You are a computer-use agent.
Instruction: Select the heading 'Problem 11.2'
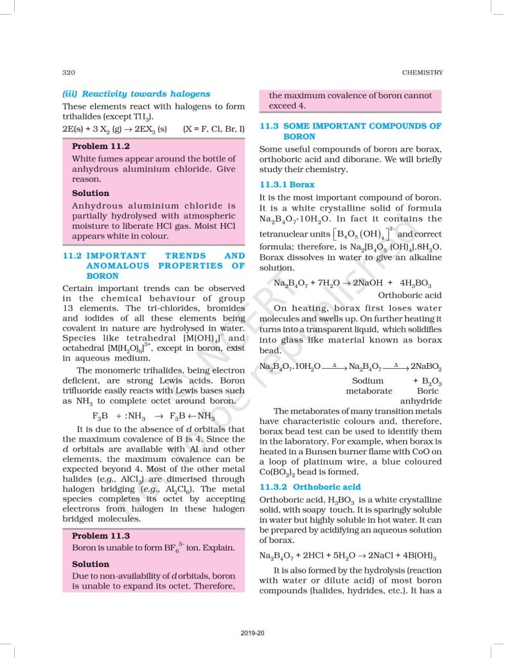[101, 146]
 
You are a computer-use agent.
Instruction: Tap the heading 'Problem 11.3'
[101, 535]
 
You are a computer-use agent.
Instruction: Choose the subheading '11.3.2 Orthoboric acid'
[310, 487]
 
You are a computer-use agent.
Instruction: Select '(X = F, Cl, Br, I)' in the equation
[214, 129]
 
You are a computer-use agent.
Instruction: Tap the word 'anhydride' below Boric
[421, 401]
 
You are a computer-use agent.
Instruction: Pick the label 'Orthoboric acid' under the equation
[410, 295]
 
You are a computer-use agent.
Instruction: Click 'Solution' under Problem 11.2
[91, 193]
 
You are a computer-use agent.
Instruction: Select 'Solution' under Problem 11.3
[91, 564]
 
